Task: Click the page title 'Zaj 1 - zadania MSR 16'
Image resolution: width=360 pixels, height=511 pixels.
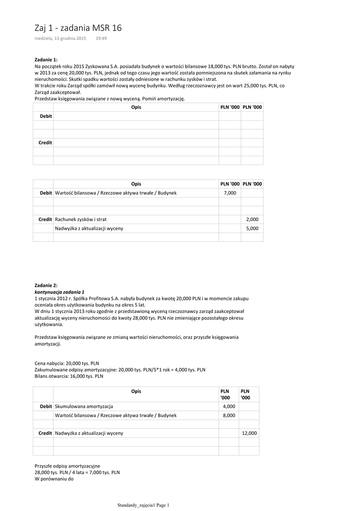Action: tap(78, 28)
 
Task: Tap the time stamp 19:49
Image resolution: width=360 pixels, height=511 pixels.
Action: tap(101, 38)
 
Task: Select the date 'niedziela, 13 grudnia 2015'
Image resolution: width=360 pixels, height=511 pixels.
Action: tap(60, 38)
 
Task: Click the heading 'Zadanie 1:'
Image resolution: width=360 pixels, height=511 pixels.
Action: tap(46, 59)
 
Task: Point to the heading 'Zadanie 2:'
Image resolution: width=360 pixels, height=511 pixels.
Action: tap(46, 285)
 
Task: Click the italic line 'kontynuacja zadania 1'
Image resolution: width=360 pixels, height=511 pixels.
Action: tap(59, 291)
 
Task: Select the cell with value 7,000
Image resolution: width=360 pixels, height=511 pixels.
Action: tap(230, 193)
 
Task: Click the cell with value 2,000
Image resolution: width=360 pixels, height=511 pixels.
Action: tap(252, 220)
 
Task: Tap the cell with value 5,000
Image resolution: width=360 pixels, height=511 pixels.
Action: tap(252, 229)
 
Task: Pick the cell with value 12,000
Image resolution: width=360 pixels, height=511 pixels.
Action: tap(249, 433)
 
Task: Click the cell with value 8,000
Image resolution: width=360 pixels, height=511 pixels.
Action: tap(229, 415)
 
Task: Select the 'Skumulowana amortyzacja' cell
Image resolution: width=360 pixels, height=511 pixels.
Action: tap(84, 406)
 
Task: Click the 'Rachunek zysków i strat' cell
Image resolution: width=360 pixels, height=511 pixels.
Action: tap(81, 220)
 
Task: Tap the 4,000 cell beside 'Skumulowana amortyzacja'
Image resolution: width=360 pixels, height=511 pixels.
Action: tap(229, 406)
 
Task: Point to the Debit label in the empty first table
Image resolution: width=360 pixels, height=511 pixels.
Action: tap(46, 116)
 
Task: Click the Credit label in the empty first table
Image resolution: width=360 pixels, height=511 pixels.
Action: tap(45, 143)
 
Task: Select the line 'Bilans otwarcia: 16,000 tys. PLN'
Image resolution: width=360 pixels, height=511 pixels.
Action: tap(69, 376)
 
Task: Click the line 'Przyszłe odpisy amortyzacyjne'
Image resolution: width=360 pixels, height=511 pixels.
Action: tap(67, 466)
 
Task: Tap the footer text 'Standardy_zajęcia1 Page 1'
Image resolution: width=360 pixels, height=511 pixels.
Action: tap(144, 505)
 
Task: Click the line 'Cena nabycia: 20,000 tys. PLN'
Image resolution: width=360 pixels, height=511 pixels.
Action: tap(67, 363)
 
